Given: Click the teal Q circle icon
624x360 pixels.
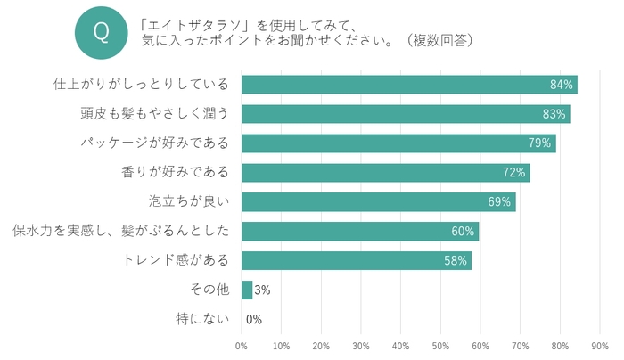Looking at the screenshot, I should pyautogui.click(x=101, y=32).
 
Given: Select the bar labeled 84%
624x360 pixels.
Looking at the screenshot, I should pyautogui.click(x=409, y=85).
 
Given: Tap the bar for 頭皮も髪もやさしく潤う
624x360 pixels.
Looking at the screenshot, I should pyautogui.click(x=406, y=114).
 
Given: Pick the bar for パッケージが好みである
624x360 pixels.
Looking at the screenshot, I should pyautogui.click(x=398, y=143).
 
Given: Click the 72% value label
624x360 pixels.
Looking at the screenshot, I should pyautogui.click(x=515, y=173).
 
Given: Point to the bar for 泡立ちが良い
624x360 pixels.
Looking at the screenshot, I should pyautogui.click(x=378, y=201).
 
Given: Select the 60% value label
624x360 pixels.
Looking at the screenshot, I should pyautogui.click(x=463, y=232).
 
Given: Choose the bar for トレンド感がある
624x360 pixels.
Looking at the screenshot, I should pyautogui.click(x=356, y=260).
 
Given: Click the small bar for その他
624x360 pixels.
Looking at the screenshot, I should pyautogui.click(x=247, y=290).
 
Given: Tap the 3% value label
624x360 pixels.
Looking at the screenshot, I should pyautogui.click(x=262, y=290).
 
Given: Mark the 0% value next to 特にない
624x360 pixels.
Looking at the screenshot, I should pyautogui.click(x=254, y=319).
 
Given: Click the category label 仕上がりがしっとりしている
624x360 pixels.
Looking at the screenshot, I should pyautogui.click(x=141, y=85).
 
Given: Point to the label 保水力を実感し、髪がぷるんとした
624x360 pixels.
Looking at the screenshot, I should pyautogui.click(x=120, y=232).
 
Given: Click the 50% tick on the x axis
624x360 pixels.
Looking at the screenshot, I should pyautogui.click(x=440, y=345).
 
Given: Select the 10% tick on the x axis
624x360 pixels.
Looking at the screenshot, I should pyautogui.click(x=281, y=345).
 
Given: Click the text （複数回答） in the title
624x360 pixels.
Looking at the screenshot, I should pyautogui.click(x=436, y=40).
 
